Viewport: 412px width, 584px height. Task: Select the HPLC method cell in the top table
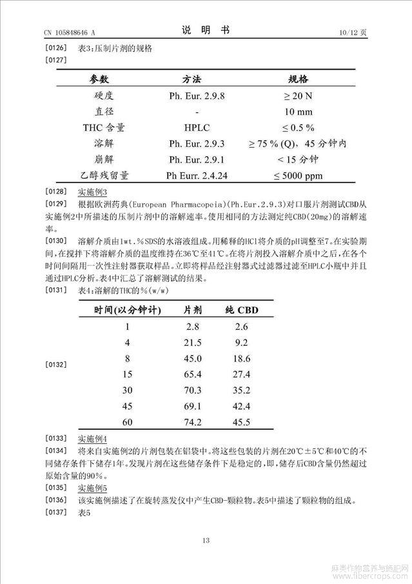click(x=196, y=127)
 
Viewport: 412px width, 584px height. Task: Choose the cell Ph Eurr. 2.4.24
click(x=196, y=176)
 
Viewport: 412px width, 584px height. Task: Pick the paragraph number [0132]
click(x=57, y=365)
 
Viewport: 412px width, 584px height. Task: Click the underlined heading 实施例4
click(x=92, y=439)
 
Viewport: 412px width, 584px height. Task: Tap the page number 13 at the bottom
click(x=206, y=541)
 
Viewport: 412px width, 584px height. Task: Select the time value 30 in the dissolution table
click(x=127, y=390)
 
